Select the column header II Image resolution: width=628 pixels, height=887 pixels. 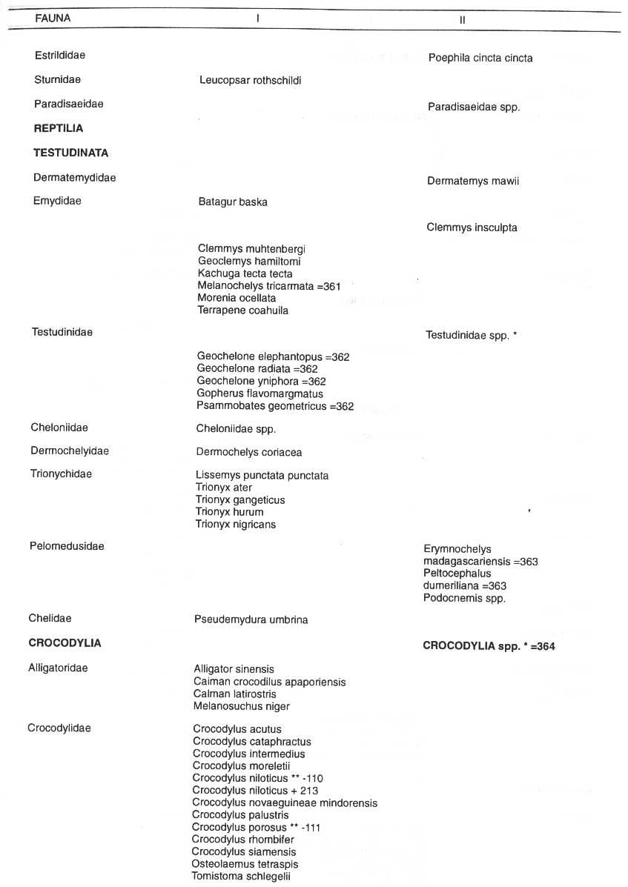point(462,20)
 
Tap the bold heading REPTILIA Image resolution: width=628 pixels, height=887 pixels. point(59,128)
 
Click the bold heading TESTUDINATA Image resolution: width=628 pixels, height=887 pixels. point(71,153)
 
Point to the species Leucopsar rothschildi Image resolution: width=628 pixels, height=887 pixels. point(250,80)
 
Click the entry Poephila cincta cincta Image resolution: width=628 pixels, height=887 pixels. point(480,58)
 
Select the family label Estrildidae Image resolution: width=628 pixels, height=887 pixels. point(60,55)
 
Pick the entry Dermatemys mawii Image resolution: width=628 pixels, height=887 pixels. point(473,181)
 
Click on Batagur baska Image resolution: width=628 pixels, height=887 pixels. point(233,202)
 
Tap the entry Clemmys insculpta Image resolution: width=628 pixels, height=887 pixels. point(472,227)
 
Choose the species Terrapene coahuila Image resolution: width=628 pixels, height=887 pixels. point(243,310)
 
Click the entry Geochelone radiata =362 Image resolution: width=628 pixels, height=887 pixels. point(257,369)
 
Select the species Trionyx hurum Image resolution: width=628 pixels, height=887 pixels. point(229,512)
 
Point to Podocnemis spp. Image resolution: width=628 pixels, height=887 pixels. point(464,599)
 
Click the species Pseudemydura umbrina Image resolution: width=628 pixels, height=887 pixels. point(251,619)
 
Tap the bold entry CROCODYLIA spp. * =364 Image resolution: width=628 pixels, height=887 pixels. point(489,646)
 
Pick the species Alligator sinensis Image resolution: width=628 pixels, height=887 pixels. point(234,669)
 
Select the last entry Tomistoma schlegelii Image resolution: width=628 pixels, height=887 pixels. point(241,877)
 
